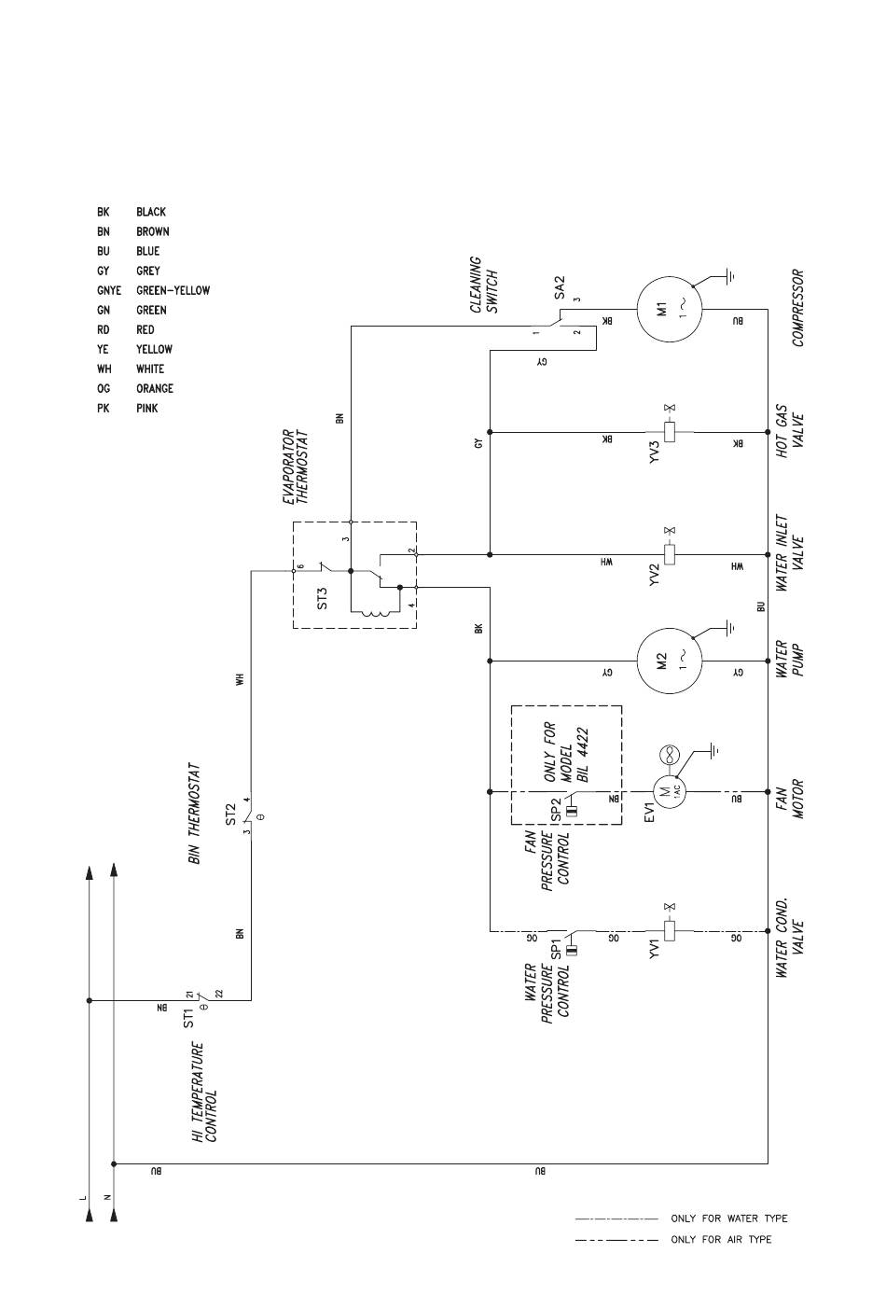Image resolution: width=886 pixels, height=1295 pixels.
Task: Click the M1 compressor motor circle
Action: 670,310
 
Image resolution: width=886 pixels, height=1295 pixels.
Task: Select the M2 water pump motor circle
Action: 670,661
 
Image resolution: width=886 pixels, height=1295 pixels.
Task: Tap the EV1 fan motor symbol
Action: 670,791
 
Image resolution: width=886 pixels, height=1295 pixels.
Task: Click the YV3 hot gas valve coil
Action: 670,432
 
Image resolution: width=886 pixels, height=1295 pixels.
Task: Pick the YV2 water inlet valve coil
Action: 670,554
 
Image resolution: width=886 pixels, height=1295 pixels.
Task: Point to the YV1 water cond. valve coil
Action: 670,931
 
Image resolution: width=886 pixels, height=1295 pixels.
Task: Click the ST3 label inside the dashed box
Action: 323,598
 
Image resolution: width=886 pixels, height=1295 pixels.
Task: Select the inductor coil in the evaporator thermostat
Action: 375,613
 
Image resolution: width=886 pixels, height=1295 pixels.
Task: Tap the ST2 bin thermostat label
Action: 230,814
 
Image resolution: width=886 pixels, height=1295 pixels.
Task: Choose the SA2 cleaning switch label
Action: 560,288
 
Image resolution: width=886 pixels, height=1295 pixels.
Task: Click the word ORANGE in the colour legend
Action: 154,388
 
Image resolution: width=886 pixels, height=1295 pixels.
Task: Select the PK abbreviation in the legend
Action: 103,408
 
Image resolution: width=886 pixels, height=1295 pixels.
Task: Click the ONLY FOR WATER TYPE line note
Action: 728,1218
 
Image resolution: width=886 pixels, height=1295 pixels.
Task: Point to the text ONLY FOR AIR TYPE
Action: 721,1239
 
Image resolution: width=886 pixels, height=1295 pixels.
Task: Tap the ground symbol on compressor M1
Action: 729,276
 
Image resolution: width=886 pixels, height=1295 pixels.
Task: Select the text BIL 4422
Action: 583,755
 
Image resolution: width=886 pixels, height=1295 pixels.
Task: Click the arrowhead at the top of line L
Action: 89,871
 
